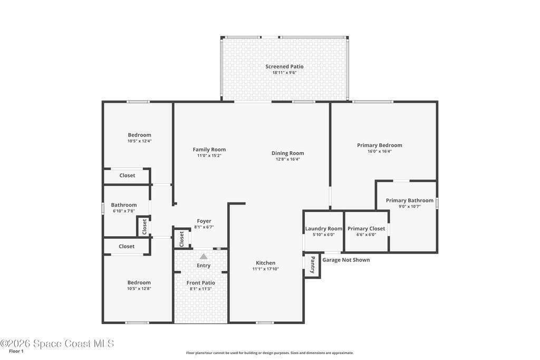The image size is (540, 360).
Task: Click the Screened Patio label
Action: pos(284,66)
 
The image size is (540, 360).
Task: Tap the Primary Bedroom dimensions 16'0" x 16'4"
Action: pos(380,151)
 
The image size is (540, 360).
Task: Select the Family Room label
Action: pos(209,149)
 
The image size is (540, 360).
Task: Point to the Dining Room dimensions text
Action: pos(287,159)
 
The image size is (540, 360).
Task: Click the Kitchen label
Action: pos(266,263)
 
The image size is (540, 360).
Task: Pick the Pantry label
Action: pos(313,265)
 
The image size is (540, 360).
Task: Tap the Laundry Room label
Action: pos(324,229)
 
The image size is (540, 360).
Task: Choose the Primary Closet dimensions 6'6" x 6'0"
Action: pos(366,235)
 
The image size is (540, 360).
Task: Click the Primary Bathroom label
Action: pos(409,200)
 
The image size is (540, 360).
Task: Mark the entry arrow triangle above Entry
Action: pos(204,256)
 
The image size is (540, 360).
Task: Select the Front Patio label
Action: pos(201,283)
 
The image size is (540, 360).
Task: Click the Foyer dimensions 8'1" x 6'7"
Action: pos(204,227)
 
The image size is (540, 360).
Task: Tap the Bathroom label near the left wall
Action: pos(123,205)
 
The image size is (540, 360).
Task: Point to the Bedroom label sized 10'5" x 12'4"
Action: pos(139,135)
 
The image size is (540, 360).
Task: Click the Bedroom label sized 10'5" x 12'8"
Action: pos(139,283)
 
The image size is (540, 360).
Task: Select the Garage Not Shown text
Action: pos(346,260)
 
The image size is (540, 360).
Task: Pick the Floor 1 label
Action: pos(16,351)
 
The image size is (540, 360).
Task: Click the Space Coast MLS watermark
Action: pos(57,344)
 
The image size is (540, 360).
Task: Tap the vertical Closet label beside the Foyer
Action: pos(181,239)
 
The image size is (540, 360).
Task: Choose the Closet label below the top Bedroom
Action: pos(127,176)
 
